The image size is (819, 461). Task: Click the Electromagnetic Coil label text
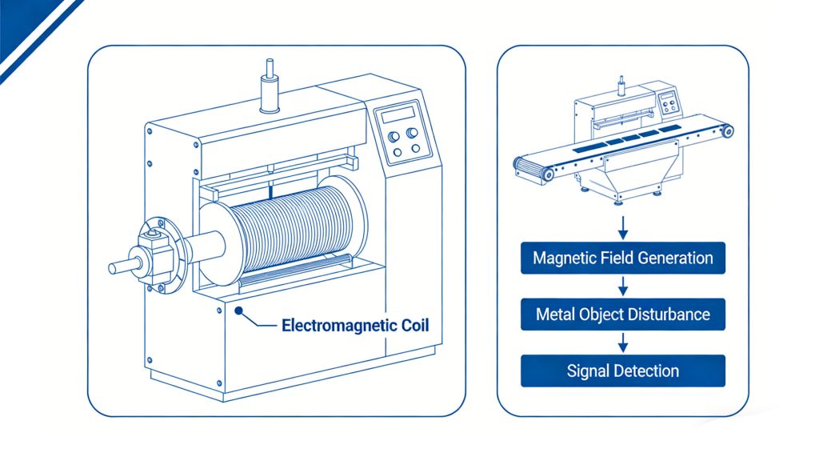tap(356, 326)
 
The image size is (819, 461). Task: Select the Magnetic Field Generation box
tap(622, 259)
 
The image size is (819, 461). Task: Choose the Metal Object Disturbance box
tap(622, 314)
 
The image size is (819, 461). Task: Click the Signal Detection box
tap(622, 371)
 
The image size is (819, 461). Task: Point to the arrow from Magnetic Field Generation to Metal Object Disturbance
tap(622, 286)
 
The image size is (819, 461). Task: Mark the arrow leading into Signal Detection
tap(622, 342)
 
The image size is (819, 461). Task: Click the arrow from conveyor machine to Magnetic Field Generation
tap(622, 225)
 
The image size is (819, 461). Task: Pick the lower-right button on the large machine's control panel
tap(413, 148)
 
